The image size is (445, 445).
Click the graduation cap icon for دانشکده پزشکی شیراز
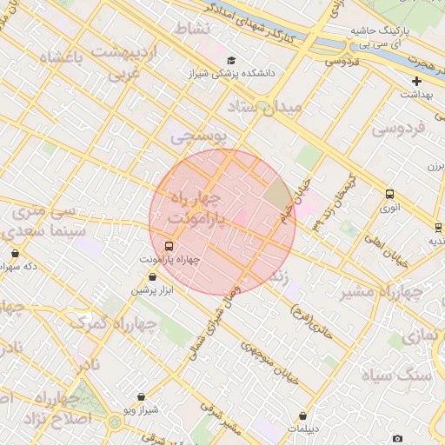pos(231,60)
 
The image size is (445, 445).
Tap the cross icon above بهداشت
pos(417,81)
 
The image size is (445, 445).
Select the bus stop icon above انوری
pos(389,195)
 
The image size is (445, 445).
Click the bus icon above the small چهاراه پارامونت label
pos(169,246)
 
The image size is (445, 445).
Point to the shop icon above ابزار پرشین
pos(153,276)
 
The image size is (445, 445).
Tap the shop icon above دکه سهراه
pos(16,253)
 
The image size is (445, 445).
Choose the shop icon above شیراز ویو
pos(141,396)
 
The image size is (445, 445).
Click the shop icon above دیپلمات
pos(302,416)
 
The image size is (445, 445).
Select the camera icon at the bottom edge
pos(397,439)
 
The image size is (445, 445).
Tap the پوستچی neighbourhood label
pos(197,136)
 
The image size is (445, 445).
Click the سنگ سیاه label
pos(408,375)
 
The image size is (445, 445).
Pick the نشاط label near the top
pos(192,29)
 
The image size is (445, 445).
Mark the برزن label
pos(435,165)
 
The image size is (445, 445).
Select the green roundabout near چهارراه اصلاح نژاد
pos(115,423)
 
